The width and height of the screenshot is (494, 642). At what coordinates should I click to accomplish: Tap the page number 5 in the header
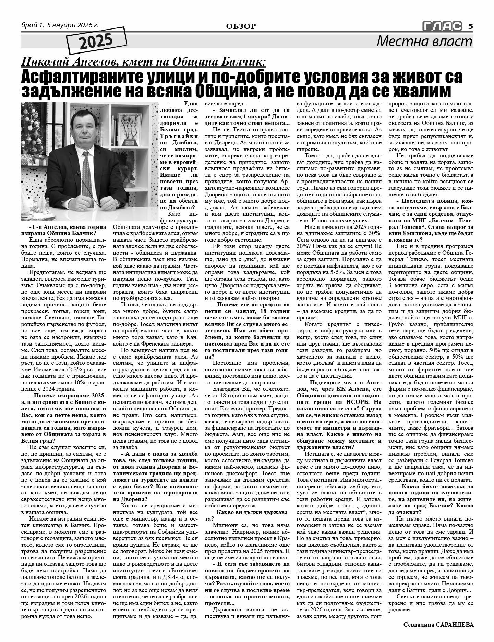click(x=470, y=26)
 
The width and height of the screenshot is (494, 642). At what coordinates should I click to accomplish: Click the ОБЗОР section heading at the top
click(x=241, y=26)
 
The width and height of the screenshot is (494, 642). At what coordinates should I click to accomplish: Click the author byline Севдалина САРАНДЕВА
click(x=438, y=625)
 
